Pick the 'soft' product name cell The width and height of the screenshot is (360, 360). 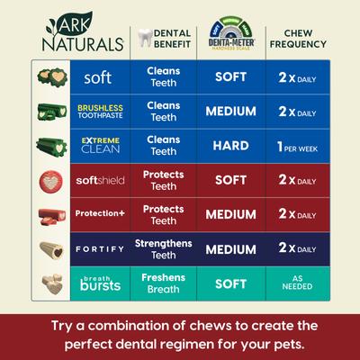(x=97, y=78)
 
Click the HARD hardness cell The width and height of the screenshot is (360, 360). (x=230, y=145)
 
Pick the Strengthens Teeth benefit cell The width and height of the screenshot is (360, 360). (x=164, y=247)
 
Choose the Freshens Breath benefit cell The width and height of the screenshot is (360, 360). (x=164, y=281)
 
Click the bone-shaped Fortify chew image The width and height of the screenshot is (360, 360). (x=48, y=247)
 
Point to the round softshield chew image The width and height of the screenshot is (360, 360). (x=47, y=179)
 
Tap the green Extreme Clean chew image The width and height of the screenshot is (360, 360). (x=48, y=145)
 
